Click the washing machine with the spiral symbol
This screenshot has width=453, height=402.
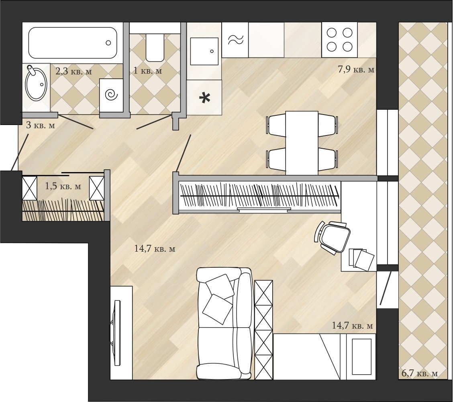[x=112, y=95]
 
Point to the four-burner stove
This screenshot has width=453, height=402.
[x=339, y=40]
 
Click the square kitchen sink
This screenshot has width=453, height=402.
[x=204, y=51]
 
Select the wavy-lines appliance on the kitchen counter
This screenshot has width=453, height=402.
[x=235, y=40]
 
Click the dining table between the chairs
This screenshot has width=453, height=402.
[x=302, y=143]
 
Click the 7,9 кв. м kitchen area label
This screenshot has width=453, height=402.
[x=356, y=70]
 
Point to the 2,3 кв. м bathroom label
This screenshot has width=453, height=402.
[x=73, y=71]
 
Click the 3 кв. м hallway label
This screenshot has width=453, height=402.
[x=41, y=125]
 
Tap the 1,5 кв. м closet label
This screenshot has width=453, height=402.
[x=63, y=186]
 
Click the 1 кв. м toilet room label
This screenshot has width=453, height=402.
[x=148, y=70]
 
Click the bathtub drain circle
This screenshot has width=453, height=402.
[x=108, y=43]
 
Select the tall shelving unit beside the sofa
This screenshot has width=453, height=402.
[x=264, y=330]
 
